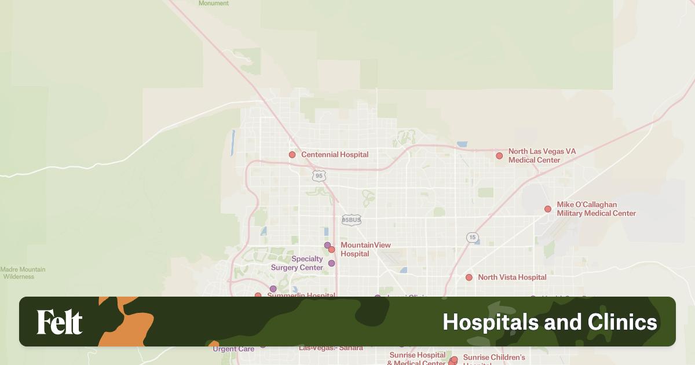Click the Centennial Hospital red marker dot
pyautogui.click(x=292, y=155)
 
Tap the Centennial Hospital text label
pyautogui.click(x=335, y=155)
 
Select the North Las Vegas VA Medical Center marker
pyautogui.click(x=499, y=155)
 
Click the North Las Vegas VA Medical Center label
pyautogui.click(x=542, y=155)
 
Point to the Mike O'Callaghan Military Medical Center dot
pyautogui.click(x=548, y=209)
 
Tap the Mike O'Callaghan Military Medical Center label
pyautogui.click(x=596, y=209)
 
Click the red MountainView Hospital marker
pyautogui.click(x=332, y=250)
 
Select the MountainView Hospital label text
pyautogui.click(x=365, y=249)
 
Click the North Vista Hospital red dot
pyautogui.click(x=469, y=278)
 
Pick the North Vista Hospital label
pyautogui.click(x=512, y=278)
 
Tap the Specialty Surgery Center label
pyautogui.click(x=297, y=264)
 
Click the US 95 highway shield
pyautogui.click(x=319, y=176)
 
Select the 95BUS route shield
pyautogui.click(x=352, y=220)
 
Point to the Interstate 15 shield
pyautogui.click(x=473, y=238)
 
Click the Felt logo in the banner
pyautogui.click(x=60, y=322)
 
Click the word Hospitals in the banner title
pyautogui.click(x=488, y=322)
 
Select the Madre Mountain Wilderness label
pyautogui.click(x=23, y=273)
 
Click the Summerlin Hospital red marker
pyautogui.click(x=258, y=296)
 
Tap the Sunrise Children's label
pyautogui.click(x=493, y=357)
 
